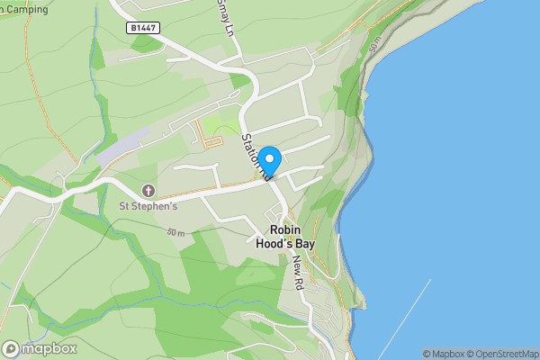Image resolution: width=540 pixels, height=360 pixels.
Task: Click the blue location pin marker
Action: pyautogui.click(x=270, y=160)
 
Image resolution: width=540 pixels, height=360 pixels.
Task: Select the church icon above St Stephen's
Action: pyautogui.click(x=148, y=191)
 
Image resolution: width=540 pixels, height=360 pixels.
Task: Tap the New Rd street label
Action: pyautogui.click(x=297, y=271)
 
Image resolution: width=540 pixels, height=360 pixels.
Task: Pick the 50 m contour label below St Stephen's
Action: pyautogui.click(x=175, y=232)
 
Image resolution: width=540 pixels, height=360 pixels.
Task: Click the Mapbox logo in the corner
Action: pyautogui.click(x=38, y=348)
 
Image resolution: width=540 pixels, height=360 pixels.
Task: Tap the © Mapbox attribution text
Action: pyautogui.click(x=444, y=354)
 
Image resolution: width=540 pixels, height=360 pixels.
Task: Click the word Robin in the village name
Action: pyautogui.click(x=285, y=229)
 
